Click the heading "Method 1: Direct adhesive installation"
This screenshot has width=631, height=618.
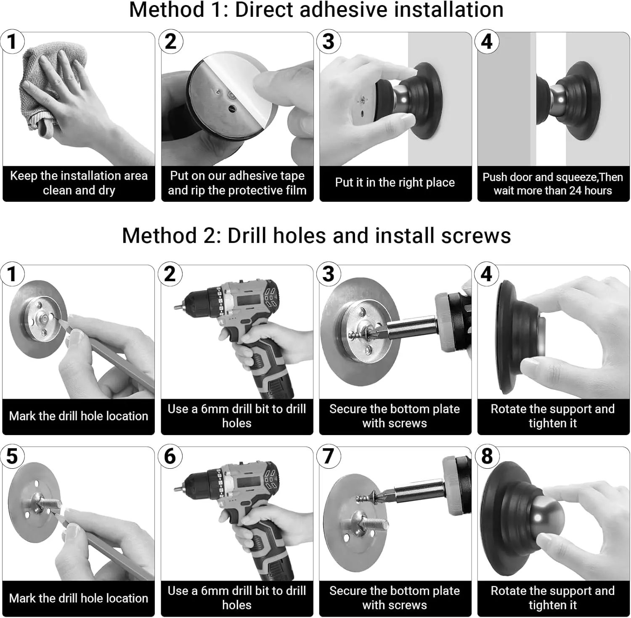tap(316, 10)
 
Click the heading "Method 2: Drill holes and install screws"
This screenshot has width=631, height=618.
tap(316, 235)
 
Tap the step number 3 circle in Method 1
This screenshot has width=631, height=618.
tap(329, 41)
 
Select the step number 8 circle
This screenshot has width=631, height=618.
tap(487, 456)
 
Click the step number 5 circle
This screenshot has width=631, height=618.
tap(12, 456)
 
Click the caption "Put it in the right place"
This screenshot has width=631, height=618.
tap(395, 182)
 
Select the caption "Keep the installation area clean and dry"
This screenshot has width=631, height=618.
tap(79, 183)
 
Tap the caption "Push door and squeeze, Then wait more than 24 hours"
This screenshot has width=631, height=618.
tap(553, 184)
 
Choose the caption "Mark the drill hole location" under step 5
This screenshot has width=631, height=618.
tap(79, 598)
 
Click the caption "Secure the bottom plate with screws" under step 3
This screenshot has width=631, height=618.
tap(395, 416)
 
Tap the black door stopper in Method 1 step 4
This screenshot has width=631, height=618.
tap(568, 101)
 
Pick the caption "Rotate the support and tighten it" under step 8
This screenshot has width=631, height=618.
tap(553, 598)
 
